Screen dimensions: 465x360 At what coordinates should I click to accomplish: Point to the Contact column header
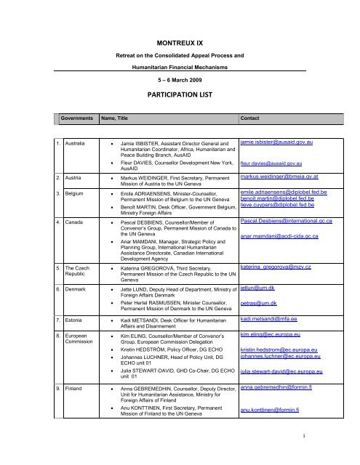click(x=251, y=118)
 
